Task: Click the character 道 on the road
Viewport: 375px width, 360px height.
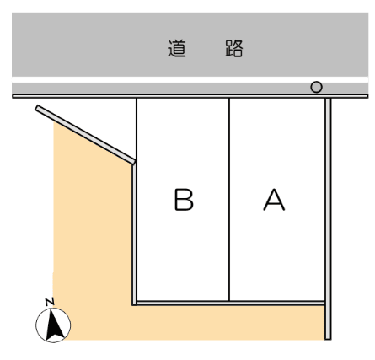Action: point(177,49)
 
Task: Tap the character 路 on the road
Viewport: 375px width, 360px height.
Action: point(234,49)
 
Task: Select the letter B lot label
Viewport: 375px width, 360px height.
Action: point(184,200)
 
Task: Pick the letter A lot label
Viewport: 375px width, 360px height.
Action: point(274,200)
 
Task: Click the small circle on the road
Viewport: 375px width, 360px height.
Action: point(316,87)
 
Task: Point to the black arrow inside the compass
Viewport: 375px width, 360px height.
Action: point(54,325)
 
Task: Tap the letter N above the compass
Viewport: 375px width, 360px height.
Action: point(50,302)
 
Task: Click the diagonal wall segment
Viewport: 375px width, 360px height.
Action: point(85,135)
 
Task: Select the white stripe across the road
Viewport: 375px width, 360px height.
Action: point(190,79)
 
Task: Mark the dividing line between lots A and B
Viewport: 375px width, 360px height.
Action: point(229,200)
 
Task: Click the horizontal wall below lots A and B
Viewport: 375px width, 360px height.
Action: point(230,303)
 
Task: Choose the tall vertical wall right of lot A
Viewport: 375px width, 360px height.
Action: point(328,218)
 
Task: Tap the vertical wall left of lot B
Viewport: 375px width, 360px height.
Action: point(134,234)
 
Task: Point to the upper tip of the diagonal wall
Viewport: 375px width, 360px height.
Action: point(37,108)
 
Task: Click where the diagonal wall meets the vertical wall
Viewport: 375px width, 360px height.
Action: point(134,164)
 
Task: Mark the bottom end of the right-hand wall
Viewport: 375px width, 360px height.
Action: point(328,339)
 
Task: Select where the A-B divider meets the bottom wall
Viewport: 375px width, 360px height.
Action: point(229,301)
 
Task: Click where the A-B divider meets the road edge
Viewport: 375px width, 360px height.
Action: point(229,98)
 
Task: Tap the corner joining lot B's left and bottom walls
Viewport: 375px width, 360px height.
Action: point(134,304)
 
